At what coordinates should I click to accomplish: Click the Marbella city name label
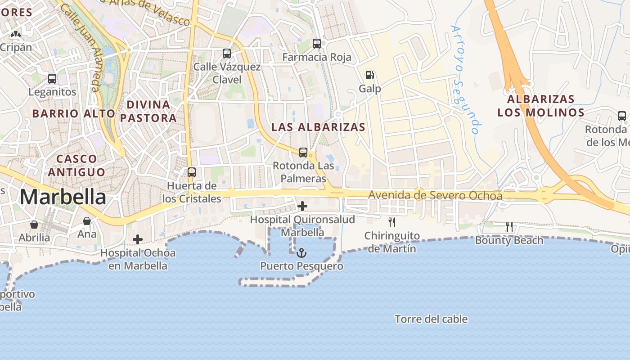(63, 197)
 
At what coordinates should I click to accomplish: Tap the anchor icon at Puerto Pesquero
(301, 253)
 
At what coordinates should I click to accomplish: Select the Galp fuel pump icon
(369, 75)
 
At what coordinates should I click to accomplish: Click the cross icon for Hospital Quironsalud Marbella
(302, 207)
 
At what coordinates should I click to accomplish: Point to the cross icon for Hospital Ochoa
(138, 239)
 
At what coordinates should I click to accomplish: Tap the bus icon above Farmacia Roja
(317, 44)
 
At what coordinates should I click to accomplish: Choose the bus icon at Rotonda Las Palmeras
(303, 153)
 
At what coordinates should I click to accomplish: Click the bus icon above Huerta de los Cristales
(192, 172)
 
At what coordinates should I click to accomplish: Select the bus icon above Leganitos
(52, 79)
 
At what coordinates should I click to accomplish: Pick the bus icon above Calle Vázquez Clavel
(227, 54)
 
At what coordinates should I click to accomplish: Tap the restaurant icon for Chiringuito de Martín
(392, 222)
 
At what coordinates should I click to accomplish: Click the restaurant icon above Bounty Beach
(509, 227)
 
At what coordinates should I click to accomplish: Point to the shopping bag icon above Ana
(87, 221)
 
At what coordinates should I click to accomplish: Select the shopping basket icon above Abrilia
(34, 224)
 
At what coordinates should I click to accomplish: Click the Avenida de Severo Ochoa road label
(435, 196)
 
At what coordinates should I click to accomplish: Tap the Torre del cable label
(431, 319)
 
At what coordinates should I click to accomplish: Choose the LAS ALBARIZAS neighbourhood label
(319, 127)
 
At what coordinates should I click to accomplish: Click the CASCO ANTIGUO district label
(76, 165)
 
